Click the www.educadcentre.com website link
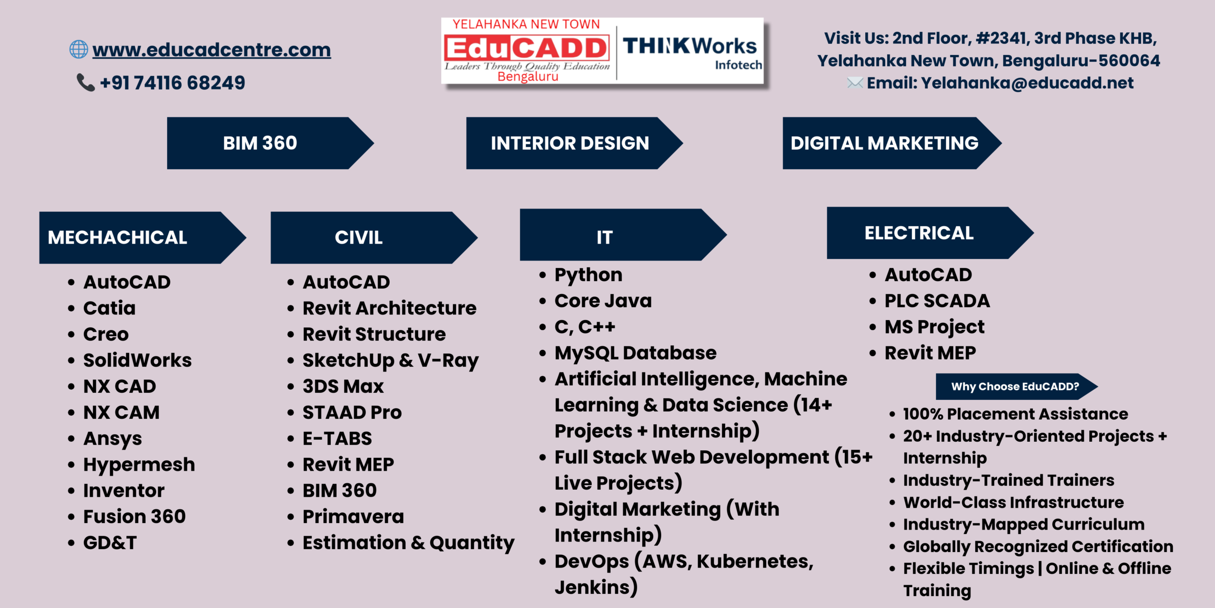[212, 50]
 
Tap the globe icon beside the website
[79, 49]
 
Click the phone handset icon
[86, 82]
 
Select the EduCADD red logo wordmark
[526, 48]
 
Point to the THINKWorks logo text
[690, 46]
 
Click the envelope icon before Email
[855, 83]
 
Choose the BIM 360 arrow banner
[270, 143]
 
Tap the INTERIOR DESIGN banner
[574, 143]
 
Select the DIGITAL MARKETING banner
[892, 143]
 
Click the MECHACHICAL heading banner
[142, 237]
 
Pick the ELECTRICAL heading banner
[930, 233]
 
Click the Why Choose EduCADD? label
[1016, 387]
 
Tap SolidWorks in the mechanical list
[138, 361]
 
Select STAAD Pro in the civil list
[352, 413]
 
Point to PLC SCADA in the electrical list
[937, 301]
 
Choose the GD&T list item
[110, 543]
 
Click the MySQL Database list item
[636, 353]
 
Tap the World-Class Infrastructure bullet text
[1014, 503]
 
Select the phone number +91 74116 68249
[173, 83]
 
